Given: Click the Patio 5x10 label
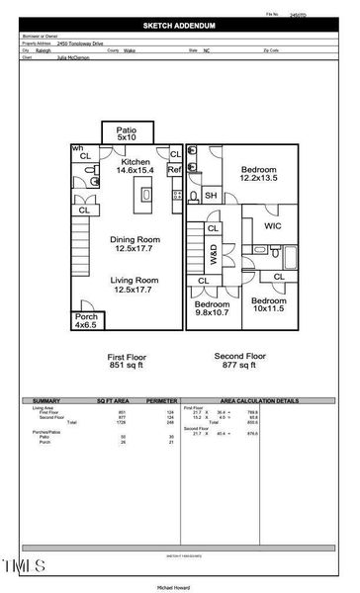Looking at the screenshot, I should coord(127,133).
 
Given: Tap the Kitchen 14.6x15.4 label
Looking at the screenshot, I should coord(135,166).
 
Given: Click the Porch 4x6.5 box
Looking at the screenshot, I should coord(85,320).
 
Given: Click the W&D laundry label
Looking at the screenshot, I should coord(213,254).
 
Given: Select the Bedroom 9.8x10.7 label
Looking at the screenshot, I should coord(212,307).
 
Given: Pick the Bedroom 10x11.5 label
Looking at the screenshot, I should coord(267,304).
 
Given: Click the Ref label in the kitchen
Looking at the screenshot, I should coord(175,170).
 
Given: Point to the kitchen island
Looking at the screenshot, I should coord(147,195).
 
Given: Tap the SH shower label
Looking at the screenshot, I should coord(211,196).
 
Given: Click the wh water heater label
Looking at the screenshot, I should coord(75,147).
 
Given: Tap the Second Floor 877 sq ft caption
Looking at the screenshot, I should coord(240,361).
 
